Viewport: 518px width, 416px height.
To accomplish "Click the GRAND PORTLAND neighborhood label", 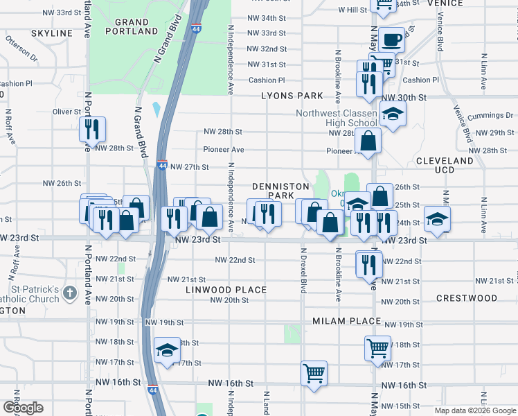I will tap(132, 27).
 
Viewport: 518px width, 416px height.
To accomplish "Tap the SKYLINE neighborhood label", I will tap(52, 33).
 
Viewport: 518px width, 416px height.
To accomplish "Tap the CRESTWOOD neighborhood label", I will tap(467, 298).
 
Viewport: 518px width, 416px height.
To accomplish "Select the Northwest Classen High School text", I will tap(336, 119).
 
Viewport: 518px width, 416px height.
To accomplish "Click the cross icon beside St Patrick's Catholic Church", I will tap(69, 293).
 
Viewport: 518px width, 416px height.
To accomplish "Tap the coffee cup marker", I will tap(391, 39).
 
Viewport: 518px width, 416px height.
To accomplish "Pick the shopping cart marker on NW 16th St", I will tap(314, 372).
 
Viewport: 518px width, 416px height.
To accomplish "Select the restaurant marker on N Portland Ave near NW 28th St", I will tap(91, 128).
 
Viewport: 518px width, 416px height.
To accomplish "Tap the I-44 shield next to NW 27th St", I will tap(161, 166).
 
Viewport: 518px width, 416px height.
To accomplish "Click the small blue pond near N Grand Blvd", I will tap(156, 109).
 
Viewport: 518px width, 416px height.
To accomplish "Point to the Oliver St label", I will tap(67, 111).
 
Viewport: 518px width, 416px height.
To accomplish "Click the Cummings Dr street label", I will tap(494, 115).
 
